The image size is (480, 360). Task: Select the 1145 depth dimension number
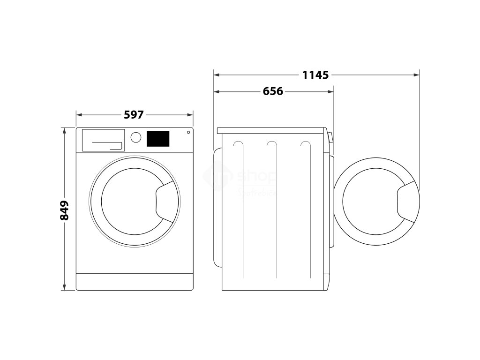tap(315, 75)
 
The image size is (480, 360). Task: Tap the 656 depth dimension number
tap(273, 91)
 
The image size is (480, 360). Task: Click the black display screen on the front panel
tap(158, 138)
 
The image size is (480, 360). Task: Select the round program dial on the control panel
tap(136, 137)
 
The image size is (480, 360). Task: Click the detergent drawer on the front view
tap(103, 140)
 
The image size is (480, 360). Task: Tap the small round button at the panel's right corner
tap(188, 132)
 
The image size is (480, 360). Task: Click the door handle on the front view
tap(165, 201)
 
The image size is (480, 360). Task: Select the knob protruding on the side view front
tap(331, 137)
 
